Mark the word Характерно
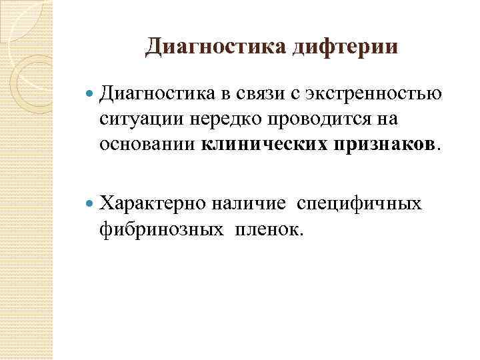coord(148,202)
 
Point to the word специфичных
coord(359,202)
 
